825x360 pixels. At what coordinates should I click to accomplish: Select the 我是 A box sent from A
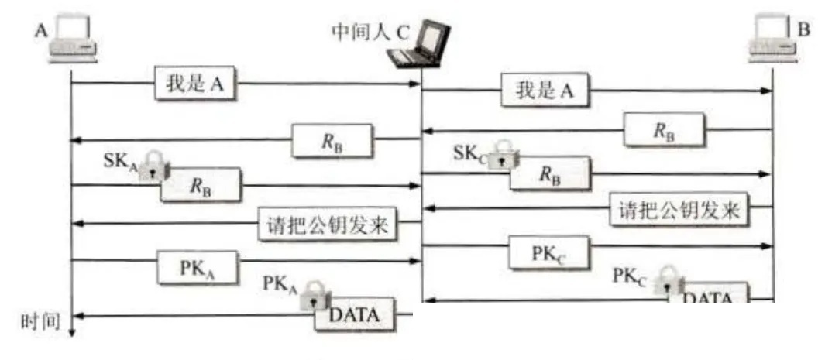coord(194,84)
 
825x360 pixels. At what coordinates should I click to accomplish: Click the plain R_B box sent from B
coord(665,130)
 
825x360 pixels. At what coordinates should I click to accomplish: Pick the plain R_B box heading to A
coord(333,141)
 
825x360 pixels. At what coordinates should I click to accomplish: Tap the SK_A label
coord(120,160)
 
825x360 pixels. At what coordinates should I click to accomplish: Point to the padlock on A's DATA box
coord(315,295)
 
